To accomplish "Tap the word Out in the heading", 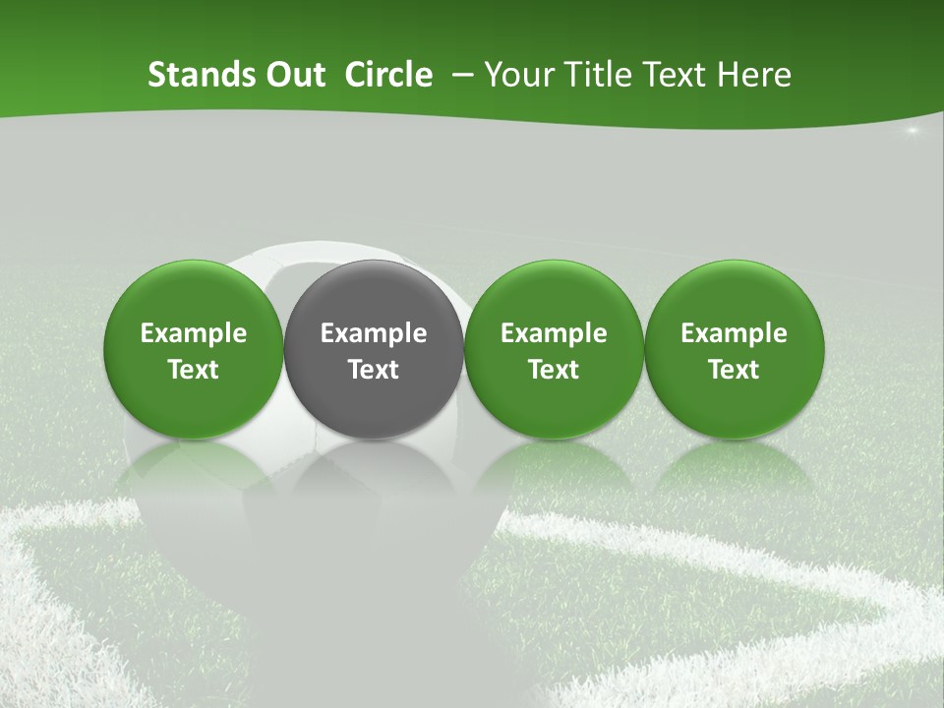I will [x=293, y=75].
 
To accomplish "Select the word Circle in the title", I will [x=388, y=75].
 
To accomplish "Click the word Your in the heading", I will [x=518, y=75].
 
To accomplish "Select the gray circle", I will [x=374, y=348].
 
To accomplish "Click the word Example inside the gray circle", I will [x=374, y=333].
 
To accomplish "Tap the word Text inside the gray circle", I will [x=374, y=370].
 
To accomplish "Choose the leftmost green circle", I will [x=194, y=348].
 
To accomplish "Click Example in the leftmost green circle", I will [x=194, y=333].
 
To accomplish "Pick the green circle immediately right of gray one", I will [x=554, y=348].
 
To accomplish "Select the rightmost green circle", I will [x=734, y=348].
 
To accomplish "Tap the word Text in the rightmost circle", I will [x=734, y=370].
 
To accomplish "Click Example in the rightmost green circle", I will [x=734, y=333].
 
